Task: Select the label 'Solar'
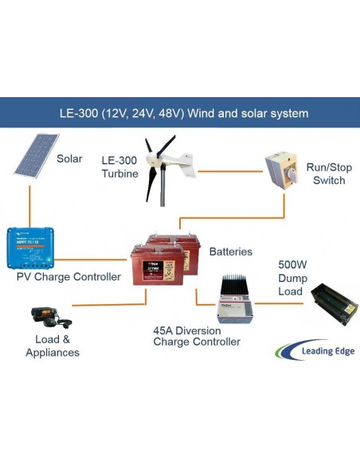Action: point(69,158)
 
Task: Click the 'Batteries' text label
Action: point(230,252)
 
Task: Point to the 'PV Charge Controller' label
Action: point(68,277)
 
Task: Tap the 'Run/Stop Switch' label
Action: point(327,174)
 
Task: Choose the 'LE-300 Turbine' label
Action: point(119,167)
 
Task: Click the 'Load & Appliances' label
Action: point(53,346)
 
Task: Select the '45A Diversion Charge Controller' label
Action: point(196,335)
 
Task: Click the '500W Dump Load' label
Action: point(291,278)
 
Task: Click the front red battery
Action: point(157,265)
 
